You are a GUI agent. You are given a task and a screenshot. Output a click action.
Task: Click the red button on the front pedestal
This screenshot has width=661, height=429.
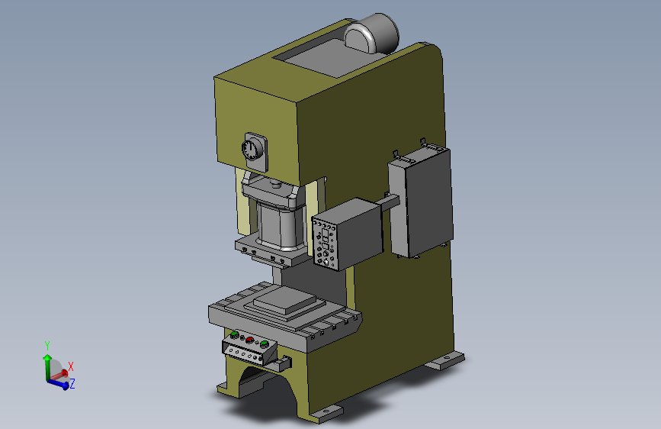click(249, 340)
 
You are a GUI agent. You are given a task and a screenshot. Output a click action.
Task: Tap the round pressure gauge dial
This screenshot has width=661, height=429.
click(250, 150)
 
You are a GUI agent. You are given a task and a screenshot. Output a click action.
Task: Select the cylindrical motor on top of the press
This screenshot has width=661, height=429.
click(371, 34)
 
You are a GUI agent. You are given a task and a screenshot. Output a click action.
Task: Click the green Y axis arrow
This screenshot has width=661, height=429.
click(47, 366)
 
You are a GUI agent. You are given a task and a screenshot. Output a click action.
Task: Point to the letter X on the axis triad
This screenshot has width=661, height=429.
click(71, 366)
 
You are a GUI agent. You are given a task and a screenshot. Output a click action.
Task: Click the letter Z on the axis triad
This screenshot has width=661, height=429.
click(72, 383)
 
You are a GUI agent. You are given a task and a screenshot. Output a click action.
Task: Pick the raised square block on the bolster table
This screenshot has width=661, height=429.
click(284, 301)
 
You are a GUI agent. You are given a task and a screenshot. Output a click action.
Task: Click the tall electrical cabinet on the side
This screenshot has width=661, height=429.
click(421, 202)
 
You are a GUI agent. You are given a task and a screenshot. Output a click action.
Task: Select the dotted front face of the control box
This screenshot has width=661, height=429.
click(325, 244)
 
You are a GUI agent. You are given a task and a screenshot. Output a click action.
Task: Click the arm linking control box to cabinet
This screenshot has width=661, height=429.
click(390, 202)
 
